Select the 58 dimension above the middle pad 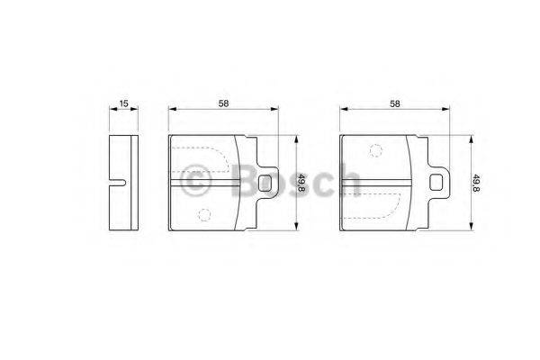pos(222,103)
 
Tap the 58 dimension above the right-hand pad pos(394,103)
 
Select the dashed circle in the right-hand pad pos(374,149)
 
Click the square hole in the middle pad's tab pos(265,183)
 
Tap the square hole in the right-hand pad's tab pos(436,183)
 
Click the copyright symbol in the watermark pos(196,181)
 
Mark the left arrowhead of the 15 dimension pos(112,111)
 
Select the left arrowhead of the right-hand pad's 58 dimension pos(343,111)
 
